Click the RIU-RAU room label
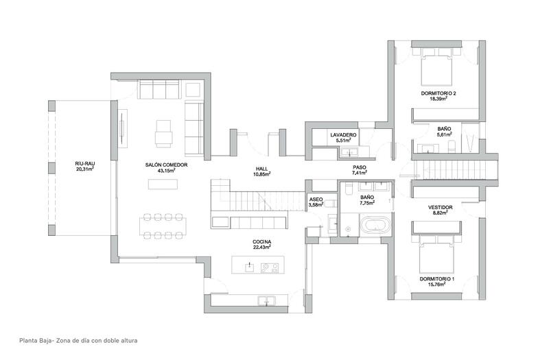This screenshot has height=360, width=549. tap(84, 163)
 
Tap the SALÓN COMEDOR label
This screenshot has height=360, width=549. tap(167, 165)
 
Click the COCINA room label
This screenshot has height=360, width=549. tap(261, 242)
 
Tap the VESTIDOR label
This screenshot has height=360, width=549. tap(439, 206)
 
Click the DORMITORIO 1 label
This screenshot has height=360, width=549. tap(437, 279)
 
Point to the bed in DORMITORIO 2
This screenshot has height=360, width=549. tap(435, 67)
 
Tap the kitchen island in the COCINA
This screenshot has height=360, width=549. tap(258, 266)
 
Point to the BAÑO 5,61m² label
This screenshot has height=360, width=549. tap(444, 131)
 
